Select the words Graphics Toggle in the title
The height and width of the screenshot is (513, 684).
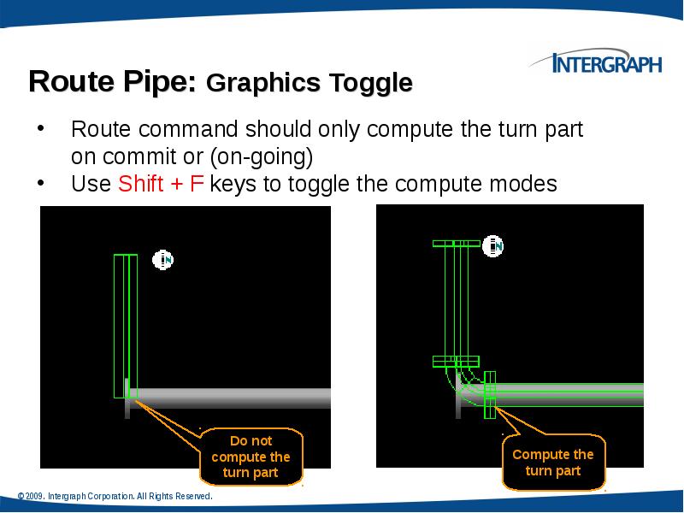(x=310, y=84)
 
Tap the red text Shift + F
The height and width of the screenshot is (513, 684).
(x=161, y=184)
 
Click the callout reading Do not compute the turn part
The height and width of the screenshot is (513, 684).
(x=251, y=457)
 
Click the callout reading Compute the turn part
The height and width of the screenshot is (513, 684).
(x=552, y=463)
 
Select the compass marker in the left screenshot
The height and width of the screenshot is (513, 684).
(x=163, y=259)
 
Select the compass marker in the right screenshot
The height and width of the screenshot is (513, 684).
(x=493, y=246)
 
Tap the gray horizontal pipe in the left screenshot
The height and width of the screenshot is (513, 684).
(x=231, y=397)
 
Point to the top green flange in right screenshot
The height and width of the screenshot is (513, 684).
(x=456, y=243)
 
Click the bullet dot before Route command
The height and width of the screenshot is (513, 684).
(x=39, y=131)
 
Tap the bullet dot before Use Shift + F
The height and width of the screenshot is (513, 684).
(x=39, y=184)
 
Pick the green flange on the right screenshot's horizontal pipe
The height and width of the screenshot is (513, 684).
(x=490, y=395)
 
